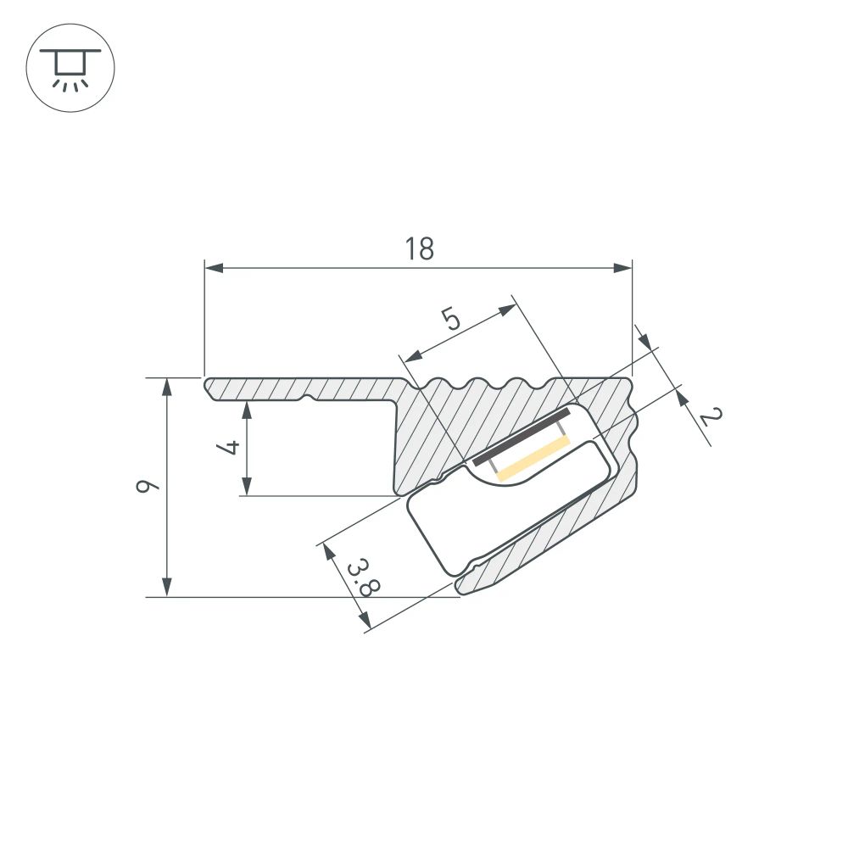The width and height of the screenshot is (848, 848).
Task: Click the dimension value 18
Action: point(419,248)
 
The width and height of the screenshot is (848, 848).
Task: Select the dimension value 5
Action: point(450,320)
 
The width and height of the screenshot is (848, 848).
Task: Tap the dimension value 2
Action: point(711,416)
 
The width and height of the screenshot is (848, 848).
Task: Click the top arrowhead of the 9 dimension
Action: point(167,387)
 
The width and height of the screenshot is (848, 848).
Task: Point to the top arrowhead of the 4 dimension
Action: point(246,410)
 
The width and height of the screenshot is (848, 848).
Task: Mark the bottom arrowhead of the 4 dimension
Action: point(246,487)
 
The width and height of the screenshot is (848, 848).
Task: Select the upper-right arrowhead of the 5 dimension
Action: point(507,310)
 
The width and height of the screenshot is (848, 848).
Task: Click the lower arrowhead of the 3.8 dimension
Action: point(364,622)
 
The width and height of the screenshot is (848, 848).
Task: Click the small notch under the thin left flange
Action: point(309,396)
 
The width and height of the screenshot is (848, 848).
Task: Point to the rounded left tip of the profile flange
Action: point(209,388)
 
